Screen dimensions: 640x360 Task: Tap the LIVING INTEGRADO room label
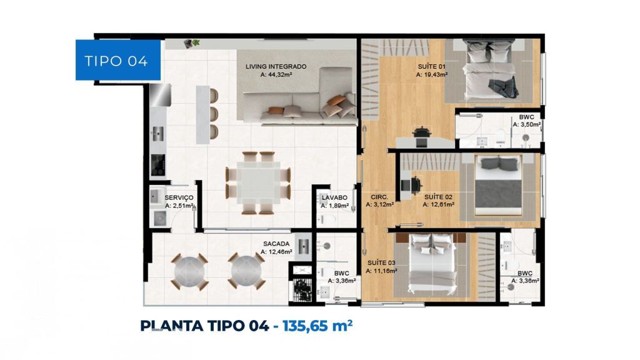tap(276, 66)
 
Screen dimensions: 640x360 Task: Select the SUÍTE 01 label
tap(431, 66)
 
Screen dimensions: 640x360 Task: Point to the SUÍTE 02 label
tap(438, 197)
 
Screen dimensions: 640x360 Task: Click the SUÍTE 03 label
tap(381, 263)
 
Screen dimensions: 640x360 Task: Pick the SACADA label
tap(276, 244)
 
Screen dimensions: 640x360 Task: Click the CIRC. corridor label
tap(379, 197)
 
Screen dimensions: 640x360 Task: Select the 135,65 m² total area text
tap(317, 326)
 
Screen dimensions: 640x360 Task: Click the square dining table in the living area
tap(258, 182)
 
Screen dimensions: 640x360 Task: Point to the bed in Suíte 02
tap(499, 185)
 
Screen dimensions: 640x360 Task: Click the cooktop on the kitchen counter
tap(157, 165)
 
